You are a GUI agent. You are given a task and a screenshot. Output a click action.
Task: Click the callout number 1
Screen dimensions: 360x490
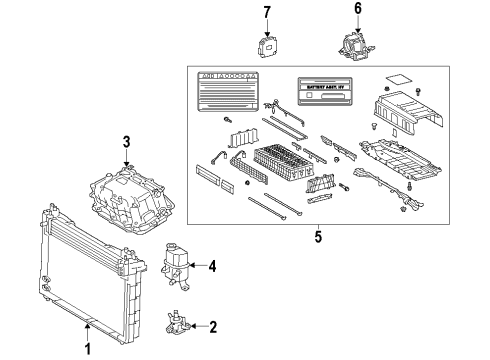[87, 349]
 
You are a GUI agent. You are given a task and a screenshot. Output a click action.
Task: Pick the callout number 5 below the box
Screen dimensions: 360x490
[318, 239]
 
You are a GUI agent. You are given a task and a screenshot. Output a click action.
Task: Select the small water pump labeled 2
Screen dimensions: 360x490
[178, 323]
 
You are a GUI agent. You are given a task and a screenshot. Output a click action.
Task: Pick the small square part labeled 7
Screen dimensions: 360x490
[267, 49]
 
